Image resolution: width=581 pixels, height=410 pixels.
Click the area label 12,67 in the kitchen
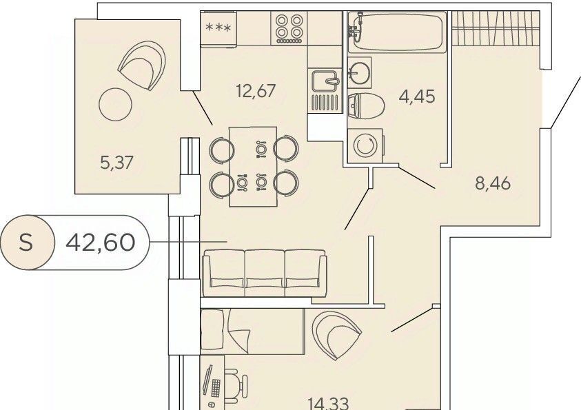point(256,91)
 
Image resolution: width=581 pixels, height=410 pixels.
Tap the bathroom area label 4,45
point(417,96)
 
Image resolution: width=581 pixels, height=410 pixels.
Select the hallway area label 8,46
point(493,183)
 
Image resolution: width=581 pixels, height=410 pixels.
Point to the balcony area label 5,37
point(116,162)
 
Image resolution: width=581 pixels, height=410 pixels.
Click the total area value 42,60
point(100,243)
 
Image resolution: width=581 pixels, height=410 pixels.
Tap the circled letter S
point(26,243)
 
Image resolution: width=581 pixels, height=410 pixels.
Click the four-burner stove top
point(289,28)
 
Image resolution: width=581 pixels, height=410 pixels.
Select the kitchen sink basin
point(325,81)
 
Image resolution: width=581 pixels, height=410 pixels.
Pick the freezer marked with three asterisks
point(218,29)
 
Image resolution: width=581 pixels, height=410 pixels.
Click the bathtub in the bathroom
point(397,32)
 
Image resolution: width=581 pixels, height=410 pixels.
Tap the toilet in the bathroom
point(366,106)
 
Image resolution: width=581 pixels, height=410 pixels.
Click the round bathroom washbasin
point(359,72)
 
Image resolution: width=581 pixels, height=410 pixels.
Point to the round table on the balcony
point(116,104)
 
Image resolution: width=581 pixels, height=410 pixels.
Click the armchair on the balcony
point(141,65)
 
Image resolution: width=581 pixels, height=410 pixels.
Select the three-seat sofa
point(265,274)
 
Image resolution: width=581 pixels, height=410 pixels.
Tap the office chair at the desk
point(236,386)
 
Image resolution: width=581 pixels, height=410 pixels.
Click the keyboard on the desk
point(216,387)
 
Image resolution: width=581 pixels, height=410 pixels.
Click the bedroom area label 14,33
point(328,404)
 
